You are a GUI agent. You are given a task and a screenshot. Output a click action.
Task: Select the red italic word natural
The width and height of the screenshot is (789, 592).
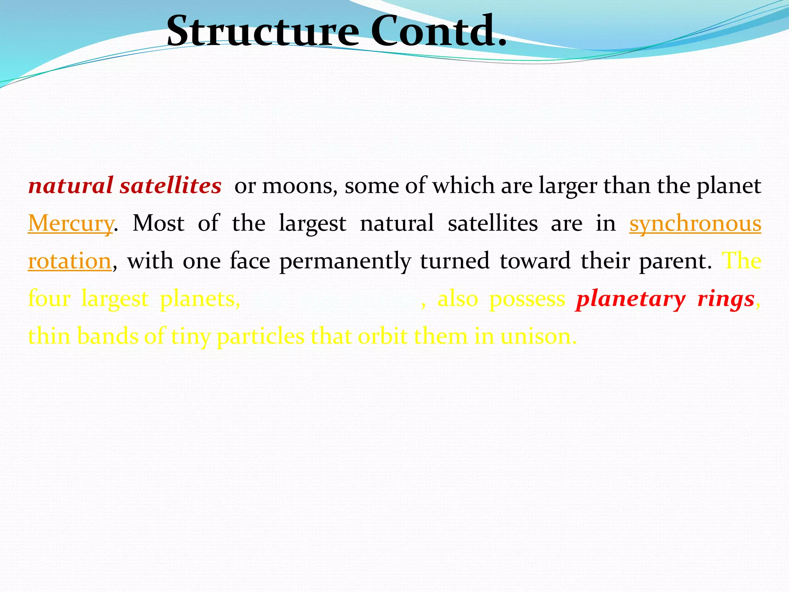71,186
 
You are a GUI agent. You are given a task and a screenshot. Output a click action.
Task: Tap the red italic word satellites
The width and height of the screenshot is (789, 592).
170,186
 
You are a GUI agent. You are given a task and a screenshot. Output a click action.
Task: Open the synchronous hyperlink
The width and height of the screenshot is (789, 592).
695,224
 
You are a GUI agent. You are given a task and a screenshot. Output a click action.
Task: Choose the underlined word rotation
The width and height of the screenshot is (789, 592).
70,261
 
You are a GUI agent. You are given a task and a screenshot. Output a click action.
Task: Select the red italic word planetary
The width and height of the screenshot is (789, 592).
631,299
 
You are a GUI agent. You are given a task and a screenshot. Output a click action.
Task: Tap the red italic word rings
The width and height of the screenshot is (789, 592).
726,299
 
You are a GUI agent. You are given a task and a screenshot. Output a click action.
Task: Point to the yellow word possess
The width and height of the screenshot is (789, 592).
527,299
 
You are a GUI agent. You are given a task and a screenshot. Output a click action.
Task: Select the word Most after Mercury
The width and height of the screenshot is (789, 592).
158,224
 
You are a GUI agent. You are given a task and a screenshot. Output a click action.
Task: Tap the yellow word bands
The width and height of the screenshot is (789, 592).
107,336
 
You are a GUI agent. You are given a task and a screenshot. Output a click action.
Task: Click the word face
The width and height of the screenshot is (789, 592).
250,261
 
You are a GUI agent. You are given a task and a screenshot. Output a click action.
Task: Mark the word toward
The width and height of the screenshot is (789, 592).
535,261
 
